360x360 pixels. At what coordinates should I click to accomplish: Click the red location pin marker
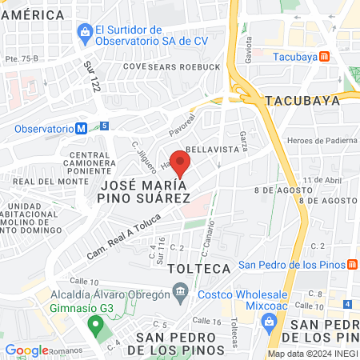[181, 162]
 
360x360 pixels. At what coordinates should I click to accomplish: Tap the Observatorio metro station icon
[82, 128]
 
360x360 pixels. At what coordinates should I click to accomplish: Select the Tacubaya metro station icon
[325, 57]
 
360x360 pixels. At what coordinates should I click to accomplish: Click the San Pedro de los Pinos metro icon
[352, 265]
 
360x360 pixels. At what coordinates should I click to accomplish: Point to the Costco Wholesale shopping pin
[270, 323]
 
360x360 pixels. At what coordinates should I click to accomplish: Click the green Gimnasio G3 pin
[95, 326]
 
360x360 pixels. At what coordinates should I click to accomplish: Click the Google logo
[27, 350]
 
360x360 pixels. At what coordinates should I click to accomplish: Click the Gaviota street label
[248, 49]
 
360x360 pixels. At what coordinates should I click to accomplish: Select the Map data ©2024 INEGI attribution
[312, 354]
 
